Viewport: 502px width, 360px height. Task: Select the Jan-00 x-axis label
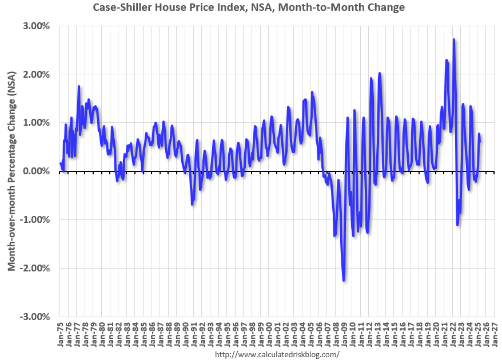click(268, 334)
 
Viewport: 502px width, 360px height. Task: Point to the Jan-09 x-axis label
click(343, 334)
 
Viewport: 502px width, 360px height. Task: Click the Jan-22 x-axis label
click(451, 334)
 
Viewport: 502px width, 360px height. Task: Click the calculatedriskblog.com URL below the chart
click(277, 354)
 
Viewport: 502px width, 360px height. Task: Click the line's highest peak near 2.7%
click(453, 39)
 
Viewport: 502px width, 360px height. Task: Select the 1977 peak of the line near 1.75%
click(79, 86)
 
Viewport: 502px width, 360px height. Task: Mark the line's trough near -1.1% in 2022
click(457, 225)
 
